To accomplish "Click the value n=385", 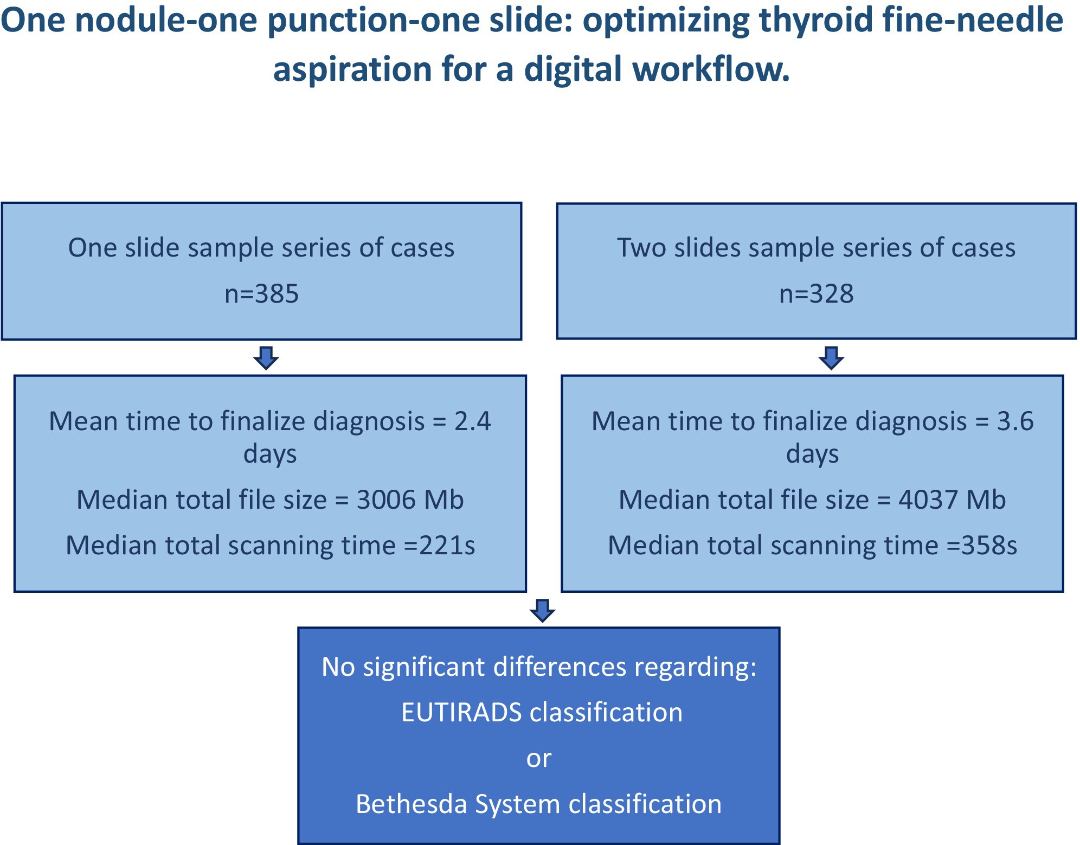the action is coord(262,294).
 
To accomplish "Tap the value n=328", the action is coord(817,294).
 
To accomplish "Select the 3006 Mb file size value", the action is coord(410,500).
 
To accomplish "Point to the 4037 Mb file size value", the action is coord(952,500).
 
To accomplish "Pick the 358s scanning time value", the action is coord(989,546).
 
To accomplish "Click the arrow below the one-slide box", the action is coord(266,358).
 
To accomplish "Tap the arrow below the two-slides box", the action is coord(832,358).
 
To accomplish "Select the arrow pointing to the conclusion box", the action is coord(542,611).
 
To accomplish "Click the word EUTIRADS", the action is coord(461,712).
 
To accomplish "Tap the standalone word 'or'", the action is coord(539,759).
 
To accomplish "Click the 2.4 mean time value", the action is coord(473,421).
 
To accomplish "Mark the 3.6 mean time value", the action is coord(1015,421).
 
